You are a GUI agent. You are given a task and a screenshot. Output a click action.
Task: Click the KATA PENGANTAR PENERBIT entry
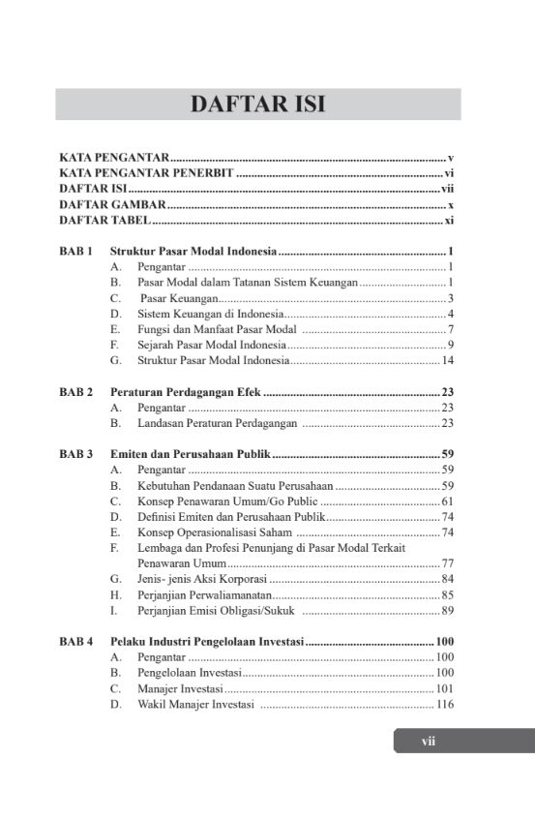point(146,172)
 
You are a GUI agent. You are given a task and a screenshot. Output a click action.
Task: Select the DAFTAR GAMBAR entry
point(112,205)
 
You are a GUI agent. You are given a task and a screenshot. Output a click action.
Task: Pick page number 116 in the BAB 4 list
point(445,704)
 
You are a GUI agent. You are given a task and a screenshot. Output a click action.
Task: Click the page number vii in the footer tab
point(429,742)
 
